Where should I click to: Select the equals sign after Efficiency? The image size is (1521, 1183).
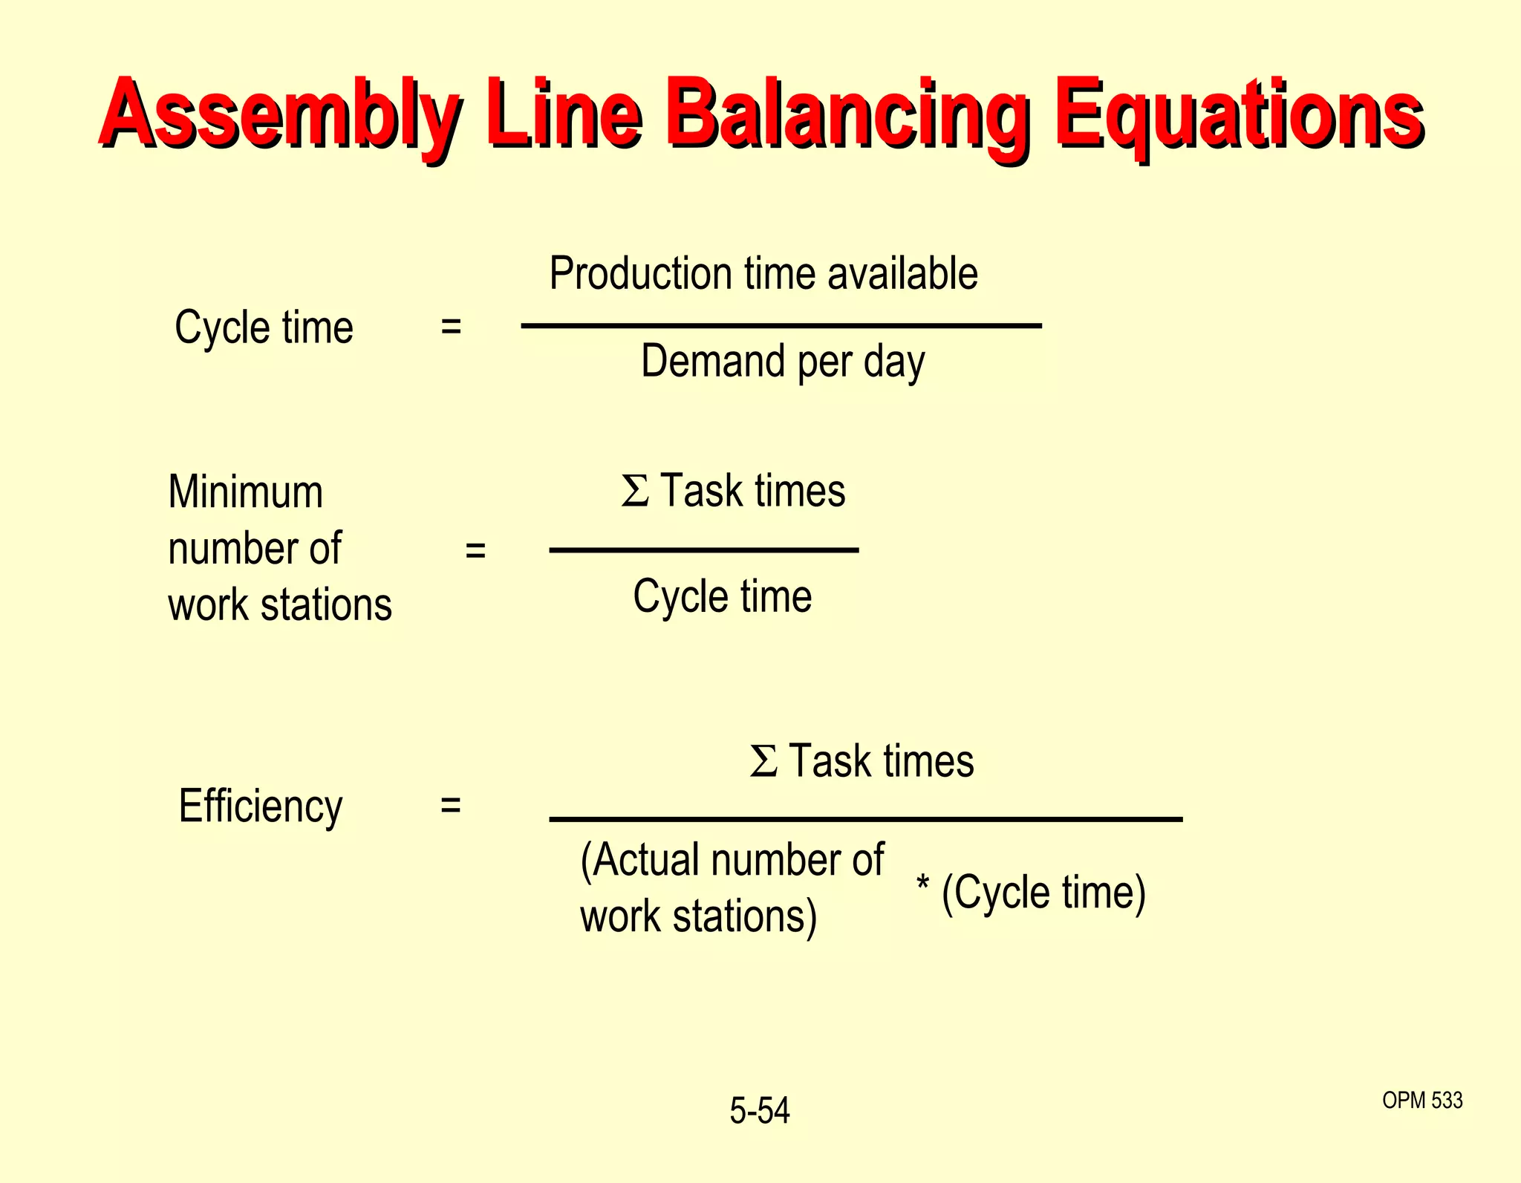tap(450, 805)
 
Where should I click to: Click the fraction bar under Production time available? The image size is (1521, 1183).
tap(781, 325)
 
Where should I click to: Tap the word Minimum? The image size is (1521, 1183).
tap(246, 492)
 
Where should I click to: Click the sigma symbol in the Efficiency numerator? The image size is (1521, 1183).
tap(763, 761)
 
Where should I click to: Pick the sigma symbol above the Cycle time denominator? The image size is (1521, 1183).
tap(635, 491)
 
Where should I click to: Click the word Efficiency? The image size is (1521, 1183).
tap(261, 806)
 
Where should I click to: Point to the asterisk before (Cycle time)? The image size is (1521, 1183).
tap(922, 884)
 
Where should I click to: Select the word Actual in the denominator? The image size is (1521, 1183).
tap(646, 860)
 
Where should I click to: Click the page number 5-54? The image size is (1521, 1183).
tap(759, 1111)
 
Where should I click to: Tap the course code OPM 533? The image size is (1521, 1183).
tap(1422, 1100)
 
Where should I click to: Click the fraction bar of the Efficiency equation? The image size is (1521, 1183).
tap(865, 819)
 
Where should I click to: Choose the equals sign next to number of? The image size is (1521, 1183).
tap(475, 550)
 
